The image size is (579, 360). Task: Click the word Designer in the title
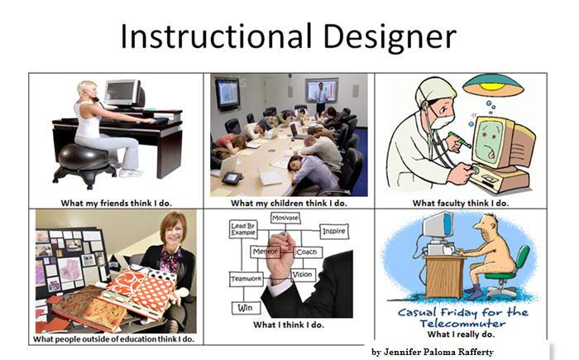tap(390, 37)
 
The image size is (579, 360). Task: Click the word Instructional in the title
tap(217, 36)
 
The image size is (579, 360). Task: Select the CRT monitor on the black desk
tap(124, 94)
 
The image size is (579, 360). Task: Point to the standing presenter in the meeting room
tap(321, 97)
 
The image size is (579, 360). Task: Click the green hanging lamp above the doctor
tap(493, 84)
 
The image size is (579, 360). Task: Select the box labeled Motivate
tap(285, 218)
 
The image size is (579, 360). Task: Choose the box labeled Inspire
tap(334, 231)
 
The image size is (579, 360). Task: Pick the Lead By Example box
tap(243, 229)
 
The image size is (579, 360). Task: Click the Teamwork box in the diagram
tap(246, 279)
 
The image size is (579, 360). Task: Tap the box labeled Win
tap(245, 308)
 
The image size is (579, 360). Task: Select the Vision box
tap(303, 275)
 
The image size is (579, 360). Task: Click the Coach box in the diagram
tap(308, 252)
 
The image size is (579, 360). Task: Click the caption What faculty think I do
tap(461, 203)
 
